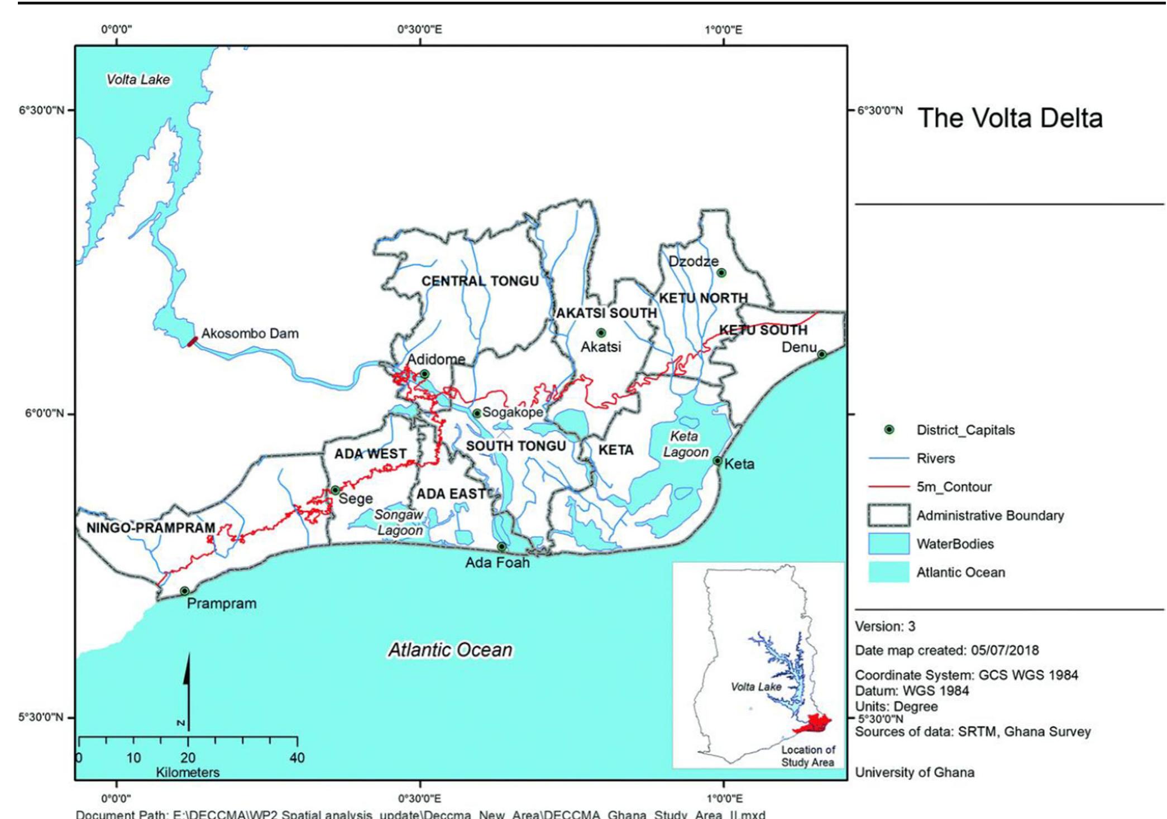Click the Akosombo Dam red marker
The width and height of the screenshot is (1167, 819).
[x=192, y=341]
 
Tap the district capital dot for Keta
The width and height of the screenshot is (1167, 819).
[x=718, y=461]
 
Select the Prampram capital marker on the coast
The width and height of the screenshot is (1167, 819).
[x=185, y=591]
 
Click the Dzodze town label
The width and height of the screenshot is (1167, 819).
[x=693, y=261]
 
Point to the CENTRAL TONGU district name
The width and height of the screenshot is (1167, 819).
[x=480, y=281]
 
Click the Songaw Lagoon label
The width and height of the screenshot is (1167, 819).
[x=399, y=522]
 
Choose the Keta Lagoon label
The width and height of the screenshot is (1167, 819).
[x=685, y=444]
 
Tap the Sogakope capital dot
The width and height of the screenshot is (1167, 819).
[x=477, y=413]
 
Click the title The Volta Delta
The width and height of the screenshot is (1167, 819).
[x=1010, y=118]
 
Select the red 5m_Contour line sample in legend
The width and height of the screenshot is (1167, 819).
[x=888, y=487]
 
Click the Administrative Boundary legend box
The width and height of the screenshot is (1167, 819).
[x=888, y=515]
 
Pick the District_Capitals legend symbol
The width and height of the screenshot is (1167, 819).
[x=889, y=429]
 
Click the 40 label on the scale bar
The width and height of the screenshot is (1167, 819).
[x=297, y=758]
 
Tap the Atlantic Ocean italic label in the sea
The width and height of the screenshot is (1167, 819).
[x=450, y=650]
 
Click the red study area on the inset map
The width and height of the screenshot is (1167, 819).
[x=815, y=724]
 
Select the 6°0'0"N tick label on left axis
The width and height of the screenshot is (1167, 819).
[x=44, y=413]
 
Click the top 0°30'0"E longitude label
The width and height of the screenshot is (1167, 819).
[x=419, y=29]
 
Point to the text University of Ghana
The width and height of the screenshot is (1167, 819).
[x=914, y=772]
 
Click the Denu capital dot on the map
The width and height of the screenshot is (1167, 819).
[x=822, y=354]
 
